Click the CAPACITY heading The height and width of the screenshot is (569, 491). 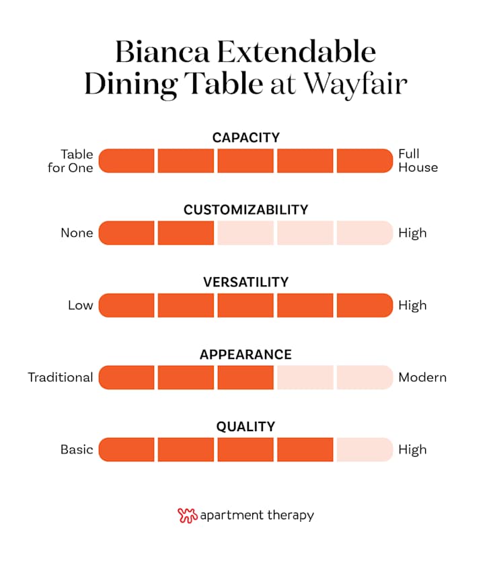[x=245, y=138]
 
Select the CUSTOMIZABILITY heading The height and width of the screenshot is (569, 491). [x=245, y=210]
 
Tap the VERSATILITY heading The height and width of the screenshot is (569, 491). [x=245, y=282]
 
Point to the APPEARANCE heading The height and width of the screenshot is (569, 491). [x=245, y=354]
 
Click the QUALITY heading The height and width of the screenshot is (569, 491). [x=245, y=426]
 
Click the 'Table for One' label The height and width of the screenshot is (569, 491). [x=70, y=161]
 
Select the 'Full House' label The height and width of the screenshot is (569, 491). [x=418, y=161]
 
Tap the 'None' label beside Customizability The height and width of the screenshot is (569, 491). [x=77, y=233]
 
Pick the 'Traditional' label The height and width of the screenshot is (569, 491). [x=61, y=377]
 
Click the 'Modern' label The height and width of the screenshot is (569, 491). [x=422, y=377]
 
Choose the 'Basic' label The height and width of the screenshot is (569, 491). [x=77, y=449]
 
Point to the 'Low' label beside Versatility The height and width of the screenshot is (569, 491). [x=80, y=305]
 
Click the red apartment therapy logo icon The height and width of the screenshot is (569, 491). [x=187, y=516]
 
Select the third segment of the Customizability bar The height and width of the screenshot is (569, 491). [x=245, y=233]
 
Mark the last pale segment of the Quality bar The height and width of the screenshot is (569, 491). [x=364, y=449]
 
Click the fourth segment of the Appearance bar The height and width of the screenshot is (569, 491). [x=305, y=377]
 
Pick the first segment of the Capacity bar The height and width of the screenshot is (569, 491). [x=127, y=161]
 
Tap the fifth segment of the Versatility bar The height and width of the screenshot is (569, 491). [x=364, y=305]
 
